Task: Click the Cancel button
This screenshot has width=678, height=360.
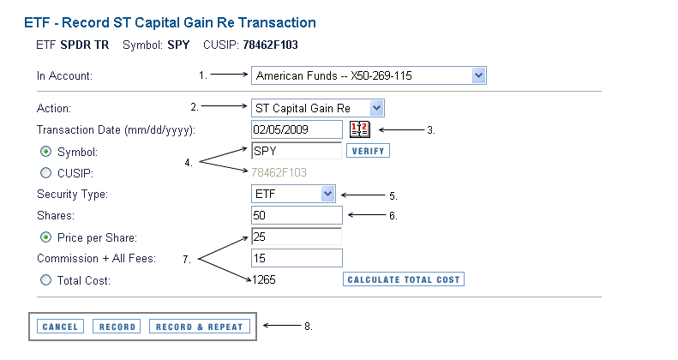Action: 60,327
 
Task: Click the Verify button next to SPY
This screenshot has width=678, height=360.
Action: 368,151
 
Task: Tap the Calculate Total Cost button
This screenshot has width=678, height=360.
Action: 404,279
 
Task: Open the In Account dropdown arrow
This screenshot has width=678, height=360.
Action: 478,75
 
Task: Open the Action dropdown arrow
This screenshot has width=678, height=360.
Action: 376,108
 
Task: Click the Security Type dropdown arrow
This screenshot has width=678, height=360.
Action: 327,194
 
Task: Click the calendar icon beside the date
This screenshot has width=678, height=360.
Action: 360,129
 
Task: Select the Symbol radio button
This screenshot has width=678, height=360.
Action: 45,152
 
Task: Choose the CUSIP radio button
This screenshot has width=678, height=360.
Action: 45,173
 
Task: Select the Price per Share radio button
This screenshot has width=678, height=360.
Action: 45,237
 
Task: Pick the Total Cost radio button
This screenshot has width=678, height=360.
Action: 45,280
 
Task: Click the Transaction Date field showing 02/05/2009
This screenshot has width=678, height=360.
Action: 297,129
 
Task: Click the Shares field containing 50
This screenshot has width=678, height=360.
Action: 297,215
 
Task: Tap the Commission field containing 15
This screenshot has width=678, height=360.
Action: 297,258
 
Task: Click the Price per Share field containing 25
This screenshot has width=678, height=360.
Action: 297,237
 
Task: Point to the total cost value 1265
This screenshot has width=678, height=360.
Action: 264,279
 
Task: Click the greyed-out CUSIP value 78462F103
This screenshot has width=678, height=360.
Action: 279,172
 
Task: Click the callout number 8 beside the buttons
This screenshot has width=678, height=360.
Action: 308,327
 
